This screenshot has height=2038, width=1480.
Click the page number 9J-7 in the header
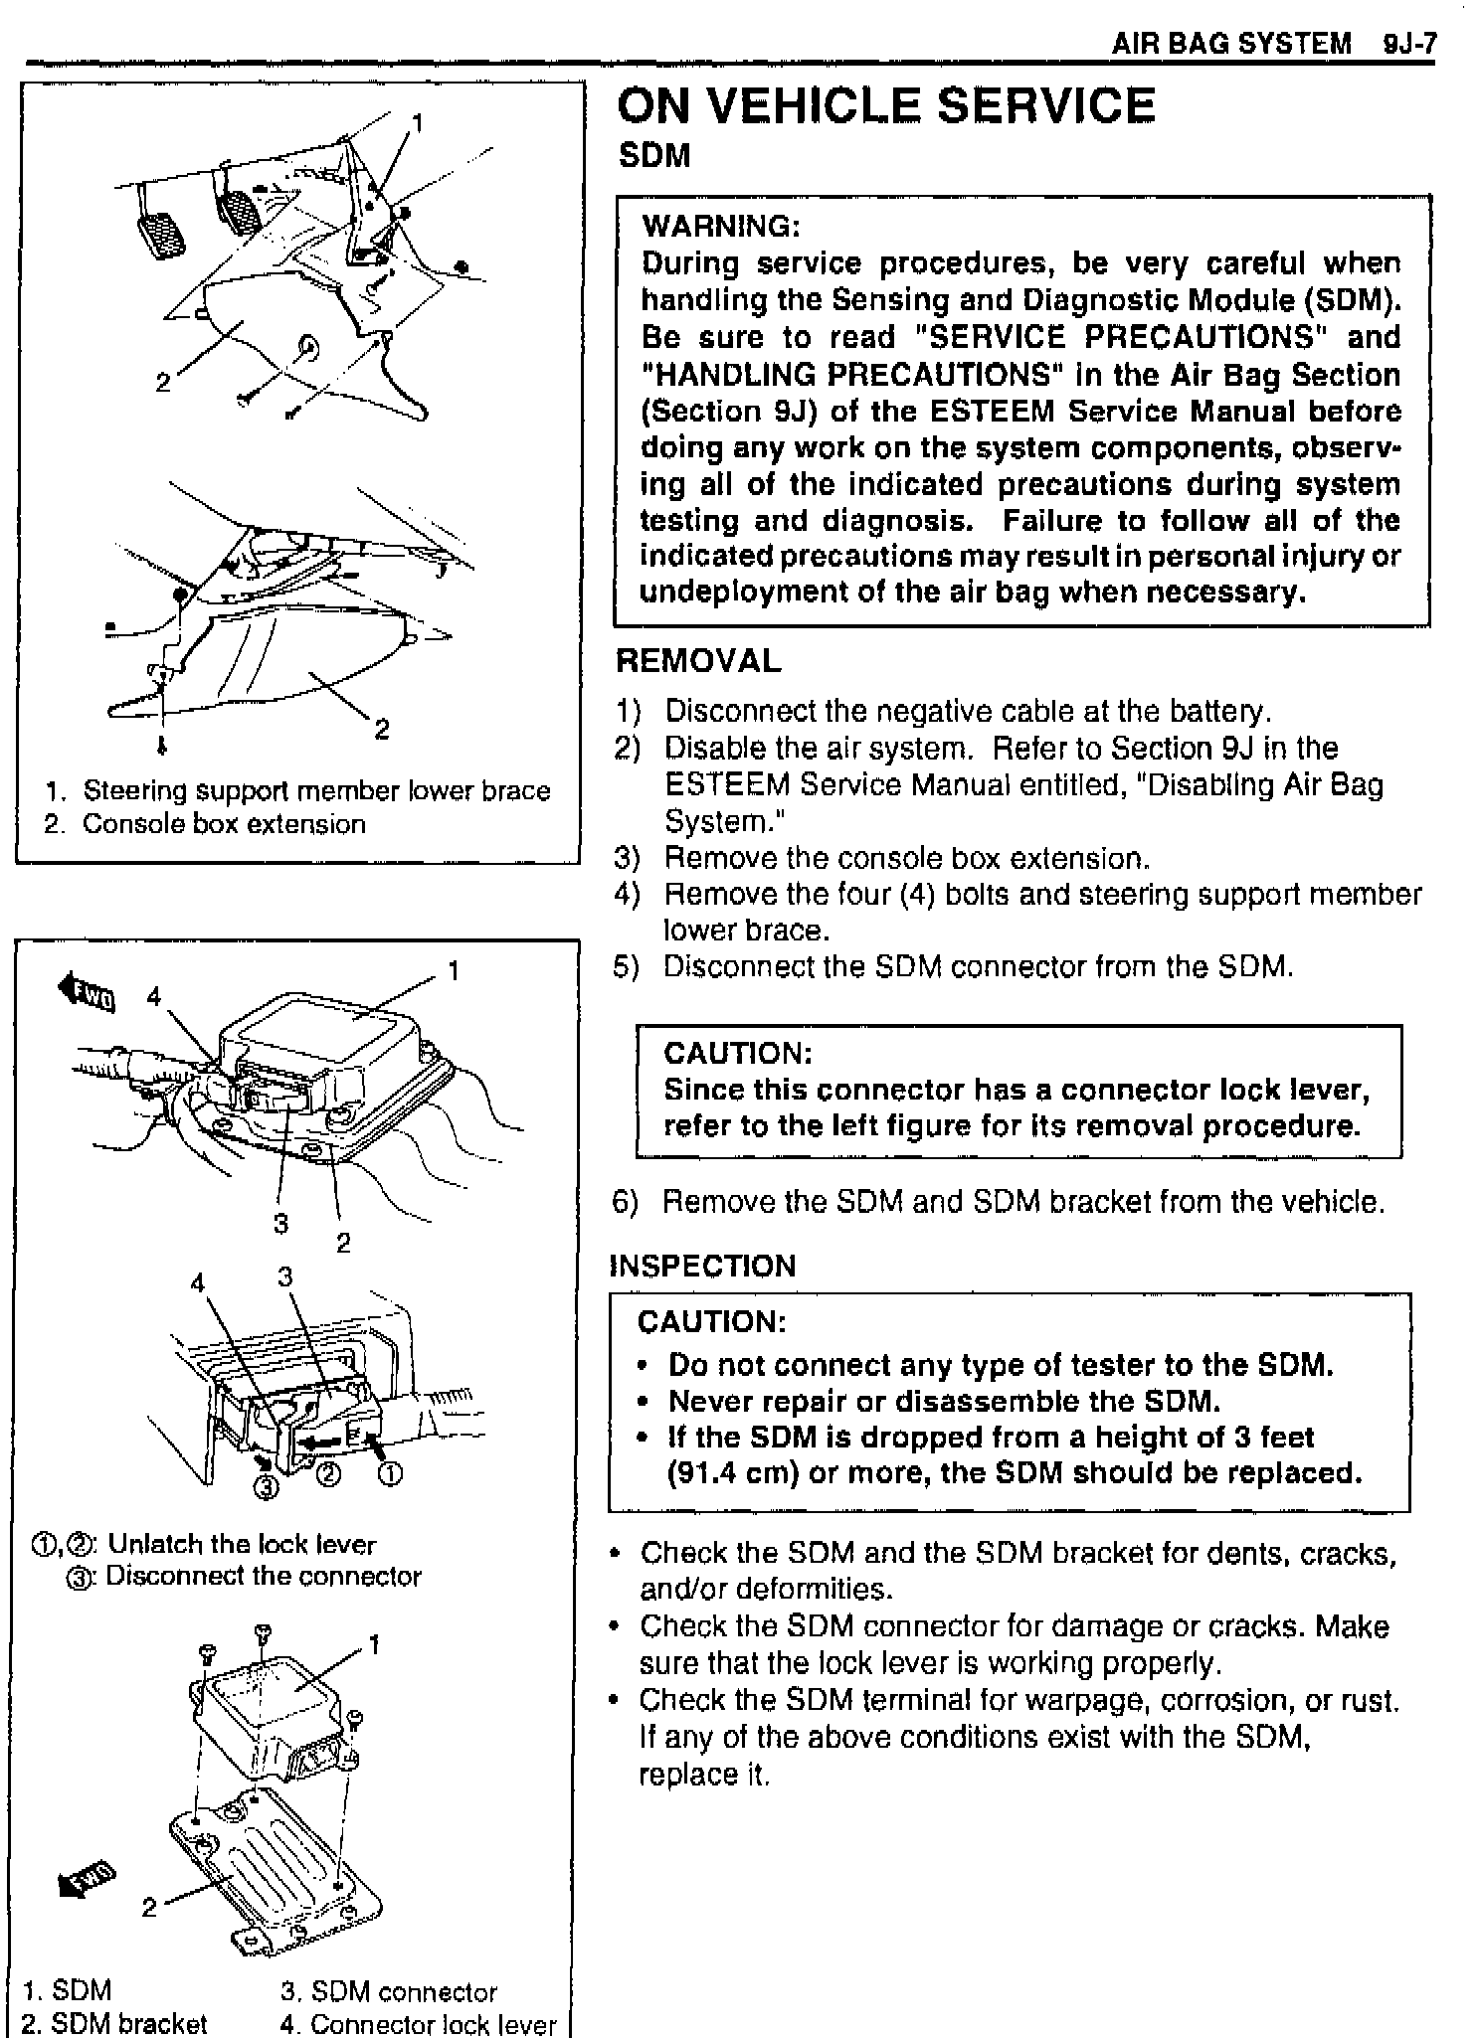point(1409,44)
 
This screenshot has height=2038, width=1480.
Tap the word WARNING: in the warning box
point(721,227)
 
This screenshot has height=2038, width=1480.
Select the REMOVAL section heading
point(698,661)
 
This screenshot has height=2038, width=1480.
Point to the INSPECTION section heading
point(702,1267)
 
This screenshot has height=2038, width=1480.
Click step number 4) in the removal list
point(627,895)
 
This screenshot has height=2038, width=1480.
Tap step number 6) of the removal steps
point(627,1203)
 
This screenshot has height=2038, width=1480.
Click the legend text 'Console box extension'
point(224,824)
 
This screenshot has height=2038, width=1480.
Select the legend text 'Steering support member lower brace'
point(316,791)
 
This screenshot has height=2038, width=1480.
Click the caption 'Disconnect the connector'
point(263,1577)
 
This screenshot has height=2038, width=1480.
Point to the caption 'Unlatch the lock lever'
point(242,1545)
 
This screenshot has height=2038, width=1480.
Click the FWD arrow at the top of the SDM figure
point(87,990)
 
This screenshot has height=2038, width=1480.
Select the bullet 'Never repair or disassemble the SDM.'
point(944,1402)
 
